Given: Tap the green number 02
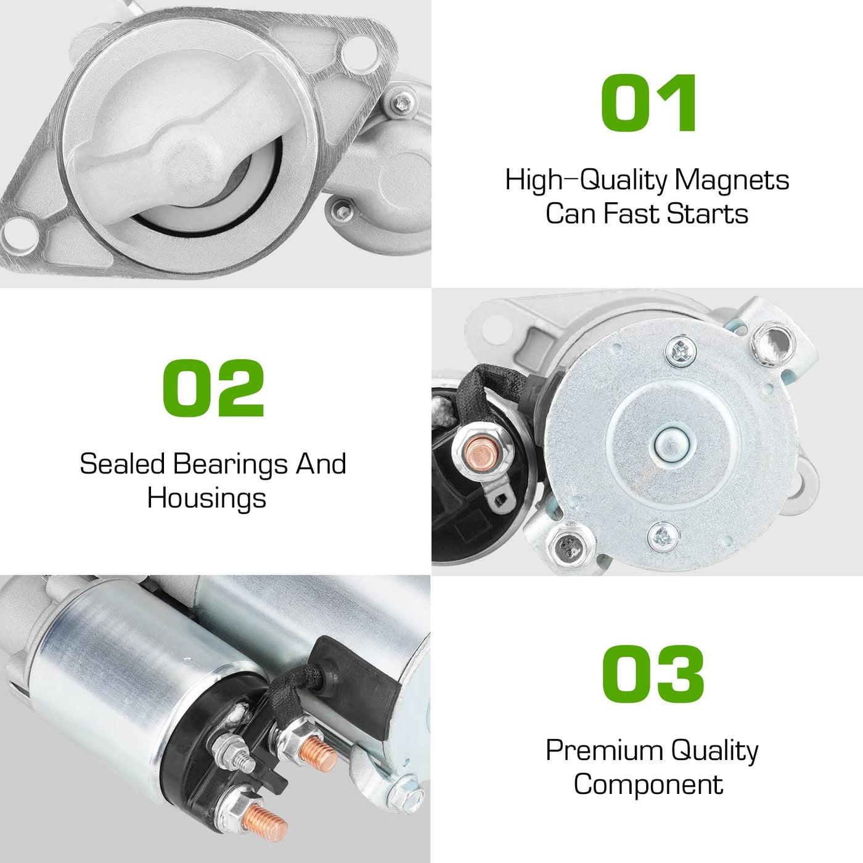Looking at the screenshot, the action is [213, 388].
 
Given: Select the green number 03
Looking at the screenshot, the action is [653, 674].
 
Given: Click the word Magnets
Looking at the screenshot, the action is [732, 181].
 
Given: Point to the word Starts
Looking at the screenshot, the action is [707, 214].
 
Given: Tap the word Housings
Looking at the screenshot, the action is [207, 498].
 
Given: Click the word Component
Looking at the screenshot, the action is [648, 785].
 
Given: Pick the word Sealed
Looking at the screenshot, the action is [123, 464].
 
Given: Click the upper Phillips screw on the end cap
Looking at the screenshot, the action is [681, 349].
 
